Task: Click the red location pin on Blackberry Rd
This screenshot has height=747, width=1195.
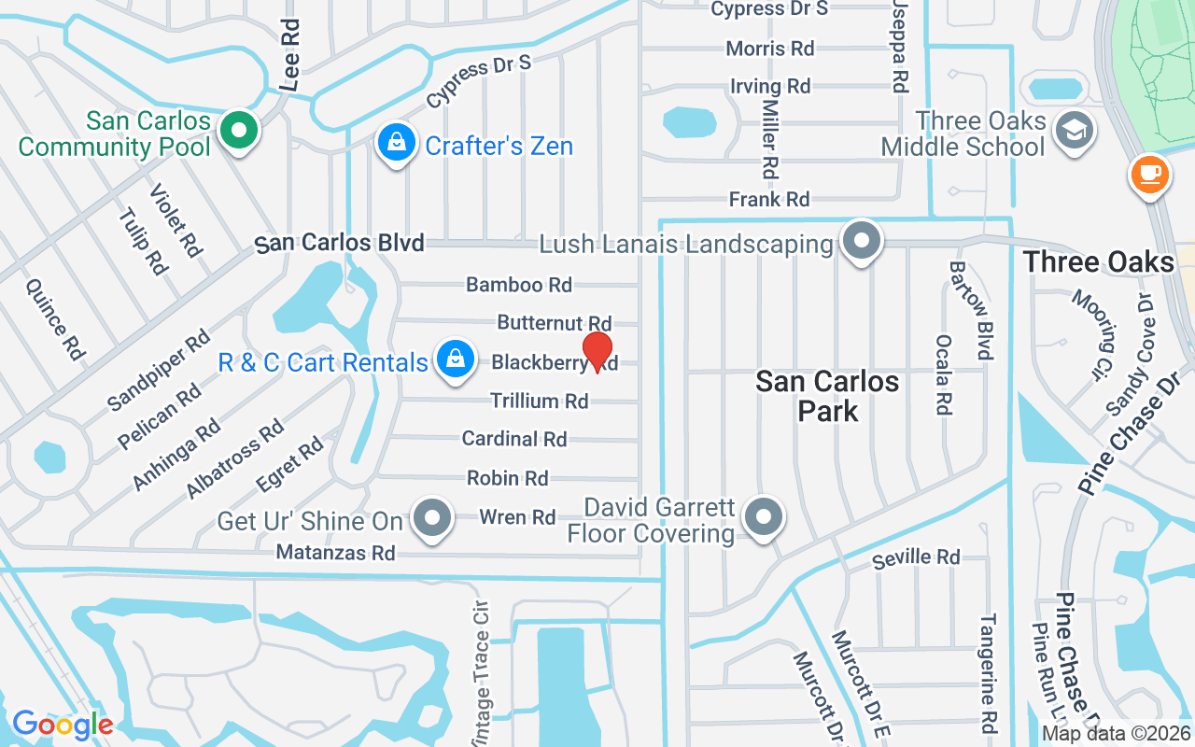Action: coord(597,352)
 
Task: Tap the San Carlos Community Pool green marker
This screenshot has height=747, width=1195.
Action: coord(240,131)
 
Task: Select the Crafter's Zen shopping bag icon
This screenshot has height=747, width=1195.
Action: coord(397,144)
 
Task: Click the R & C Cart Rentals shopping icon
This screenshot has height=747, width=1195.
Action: coord(455,359)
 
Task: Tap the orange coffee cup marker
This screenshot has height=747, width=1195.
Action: coord(1149,174)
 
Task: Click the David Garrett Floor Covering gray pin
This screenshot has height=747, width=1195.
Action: coord(764,516)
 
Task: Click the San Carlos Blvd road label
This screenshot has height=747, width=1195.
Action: coord(340,244)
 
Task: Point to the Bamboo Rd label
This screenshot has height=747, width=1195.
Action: coord(519,285)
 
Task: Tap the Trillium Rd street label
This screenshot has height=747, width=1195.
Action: coord(540,402)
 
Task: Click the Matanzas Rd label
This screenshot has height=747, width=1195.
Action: coord(336,553)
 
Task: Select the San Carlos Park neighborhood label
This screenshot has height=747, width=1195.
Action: coord(827,396)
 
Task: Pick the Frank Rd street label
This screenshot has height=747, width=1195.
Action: coord(769,199)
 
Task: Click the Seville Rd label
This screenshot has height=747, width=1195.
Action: coord(916,558)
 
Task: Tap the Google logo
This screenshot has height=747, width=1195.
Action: coord(63,725)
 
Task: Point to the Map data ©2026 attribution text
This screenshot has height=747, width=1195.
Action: coord(1117,734)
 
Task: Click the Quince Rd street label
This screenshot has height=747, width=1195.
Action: coord(55,320)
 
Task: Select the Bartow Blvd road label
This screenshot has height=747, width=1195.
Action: coord(969,310)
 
